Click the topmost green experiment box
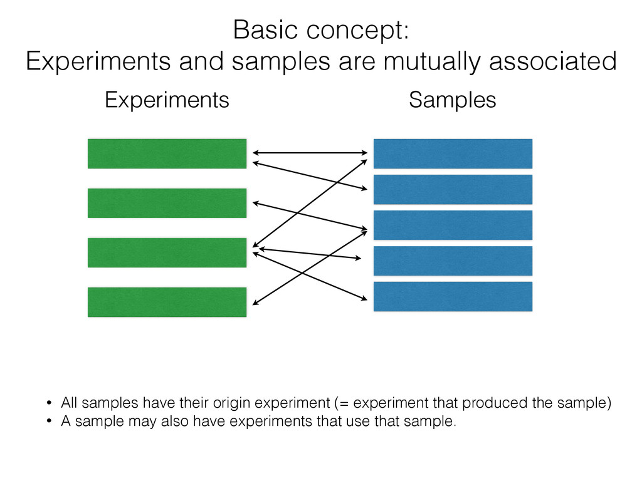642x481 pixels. pyautogui.click(x=167, y=153)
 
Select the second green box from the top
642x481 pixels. pyautogui.click(x=167, y=203)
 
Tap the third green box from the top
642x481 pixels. pyautogui.click(x=167, y=252)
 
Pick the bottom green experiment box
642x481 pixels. pyautogui.click(x=167, y=302)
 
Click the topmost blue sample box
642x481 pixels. pyautogui.click(x=453, y=153)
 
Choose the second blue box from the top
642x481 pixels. pyautogui.click(x=453, y=189)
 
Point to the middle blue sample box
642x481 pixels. pyautogui.click(x=453, y=225)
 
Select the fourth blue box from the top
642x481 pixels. pyautogui.click(x=453, y=261)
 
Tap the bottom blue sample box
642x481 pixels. pyautogui.click(x=453, y=296)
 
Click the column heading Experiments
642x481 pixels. pyautogui.click(x=167, y=100)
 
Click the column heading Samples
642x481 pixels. pyautogui.click(x=452, y=100)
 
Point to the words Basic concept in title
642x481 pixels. pyautogui.click(x=320, y=31)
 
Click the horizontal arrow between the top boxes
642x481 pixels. pyautogui.click(x=309, y=152)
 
